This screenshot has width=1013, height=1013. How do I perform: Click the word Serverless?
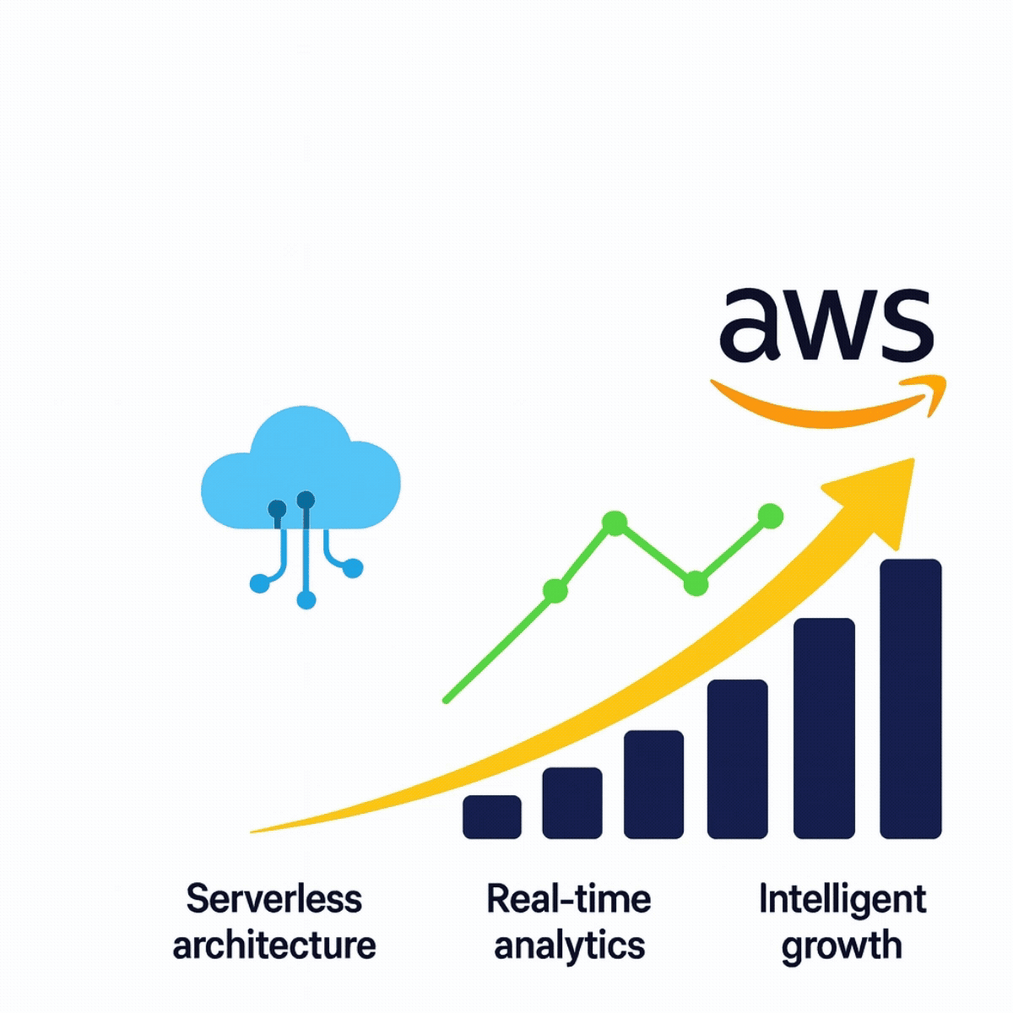[x=274, y=898]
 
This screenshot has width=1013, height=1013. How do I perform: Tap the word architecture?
[x=274, y=945]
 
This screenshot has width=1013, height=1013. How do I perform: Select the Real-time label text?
[x=569, y=898]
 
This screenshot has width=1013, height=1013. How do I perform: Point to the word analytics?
[x=570, y=945]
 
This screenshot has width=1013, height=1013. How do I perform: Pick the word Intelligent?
[x=842, y=898]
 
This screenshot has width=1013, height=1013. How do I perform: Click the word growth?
[x=842, y=945]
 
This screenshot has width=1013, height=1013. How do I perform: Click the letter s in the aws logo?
[x=904, y=324]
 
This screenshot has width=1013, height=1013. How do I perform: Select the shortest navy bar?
[x=492, y=816]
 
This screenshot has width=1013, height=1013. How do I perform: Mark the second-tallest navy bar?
[x=825, y=728]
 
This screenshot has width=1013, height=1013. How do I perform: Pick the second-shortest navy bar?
[x=572, y=803]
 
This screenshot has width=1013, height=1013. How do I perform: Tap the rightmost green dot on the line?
[x=771, y=516]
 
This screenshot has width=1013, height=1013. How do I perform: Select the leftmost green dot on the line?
[x=555, y=591]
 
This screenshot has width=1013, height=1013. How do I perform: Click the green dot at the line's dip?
[x=695, y=582]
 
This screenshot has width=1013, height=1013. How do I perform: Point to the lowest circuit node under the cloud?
[x=306, y=600]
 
